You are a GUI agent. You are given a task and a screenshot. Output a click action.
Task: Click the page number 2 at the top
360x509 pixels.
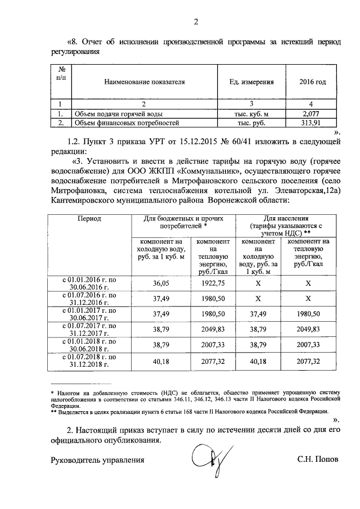(196, 22)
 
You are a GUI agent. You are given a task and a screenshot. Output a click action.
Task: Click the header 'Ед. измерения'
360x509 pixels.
(252, 82)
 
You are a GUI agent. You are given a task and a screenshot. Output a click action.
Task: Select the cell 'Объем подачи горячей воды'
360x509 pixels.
(112, 113)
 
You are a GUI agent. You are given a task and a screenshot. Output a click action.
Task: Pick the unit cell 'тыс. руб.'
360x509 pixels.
(251, 122)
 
